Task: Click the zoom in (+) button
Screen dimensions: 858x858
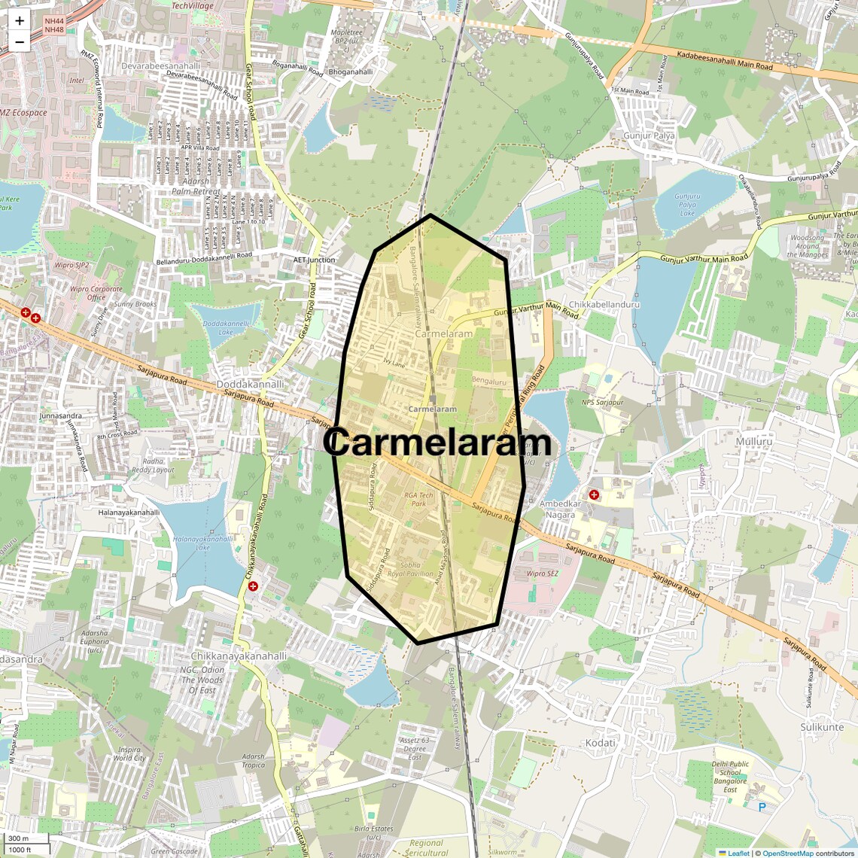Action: [x=20, y=21]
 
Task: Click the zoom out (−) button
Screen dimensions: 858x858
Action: [x=20, y=41]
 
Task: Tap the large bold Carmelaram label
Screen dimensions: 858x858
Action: [x=437, y=443]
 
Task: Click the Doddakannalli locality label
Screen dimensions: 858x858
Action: [x=251, y=384]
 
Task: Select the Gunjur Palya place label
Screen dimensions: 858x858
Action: [x=649, y=135]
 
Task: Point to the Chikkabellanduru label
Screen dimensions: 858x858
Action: [x=604, y=304]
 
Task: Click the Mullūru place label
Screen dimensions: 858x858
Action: [x=754, y=441]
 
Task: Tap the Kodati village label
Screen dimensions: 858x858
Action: [x=600, y=743]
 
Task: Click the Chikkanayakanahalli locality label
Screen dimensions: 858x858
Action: [x=239, y=656]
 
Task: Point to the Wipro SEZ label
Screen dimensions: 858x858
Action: [x=542, y=574]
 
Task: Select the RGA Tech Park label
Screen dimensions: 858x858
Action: [x=419, y=499]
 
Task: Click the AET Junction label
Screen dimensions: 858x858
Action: [x=314, y=260]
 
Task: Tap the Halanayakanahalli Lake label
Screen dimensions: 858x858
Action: [x=202, y=543]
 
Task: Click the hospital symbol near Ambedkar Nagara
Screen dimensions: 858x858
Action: [x=594, y=494]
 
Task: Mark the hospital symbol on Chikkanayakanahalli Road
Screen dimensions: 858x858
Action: [x=253, y=586]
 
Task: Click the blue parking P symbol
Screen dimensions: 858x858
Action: [x=762, y=808]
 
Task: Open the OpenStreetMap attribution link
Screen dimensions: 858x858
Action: [x=787, y=853]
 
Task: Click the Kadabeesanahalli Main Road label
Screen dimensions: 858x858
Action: [x=725, y=61]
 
